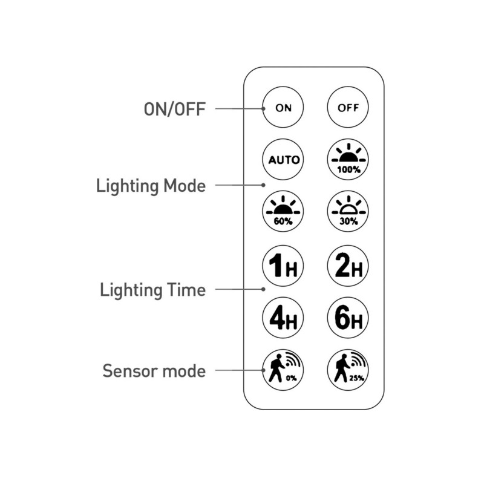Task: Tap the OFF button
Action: pos(348,108)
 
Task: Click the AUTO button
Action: pos(284,160)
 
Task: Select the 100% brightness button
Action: pos(348,160)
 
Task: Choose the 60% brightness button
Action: pos(284,212)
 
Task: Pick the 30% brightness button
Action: pos(348,212)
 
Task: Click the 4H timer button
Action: pos(284,317)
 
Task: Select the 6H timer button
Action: pos(348,317)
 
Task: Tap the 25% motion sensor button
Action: pos(348,369)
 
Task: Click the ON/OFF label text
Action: pos(175,109)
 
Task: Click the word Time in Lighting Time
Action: pos(185,290)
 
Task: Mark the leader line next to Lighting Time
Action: pos(239,290)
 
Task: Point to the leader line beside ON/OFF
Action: pos(239,109)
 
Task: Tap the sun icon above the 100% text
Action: pos(348,155)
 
